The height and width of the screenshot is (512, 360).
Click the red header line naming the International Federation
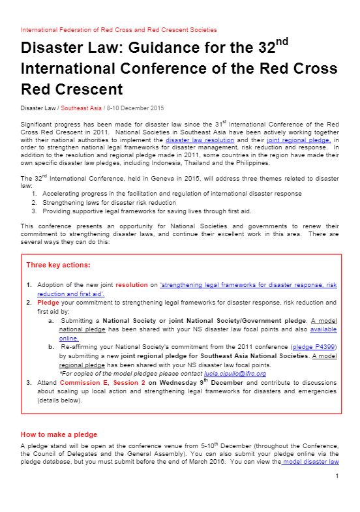pyautogui.click(x=119, y=30)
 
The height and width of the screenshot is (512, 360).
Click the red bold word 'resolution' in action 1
pyautogui.click(x=132, y=285)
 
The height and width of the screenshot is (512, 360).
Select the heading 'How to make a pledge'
pyautogui.click(x=59, y=434)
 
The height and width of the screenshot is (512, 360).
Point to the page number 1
pyautogui.click(x=337, y=477)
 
